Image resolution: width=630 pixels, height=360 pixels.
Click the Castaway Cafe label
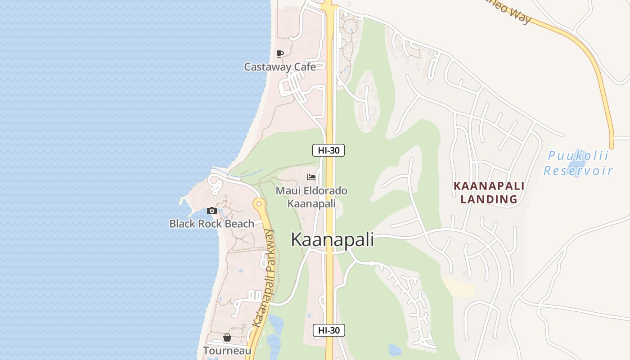click(x=279, y=67)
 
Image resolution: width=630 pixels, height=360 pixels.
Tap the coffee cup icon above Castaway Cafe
click(x=280, y=54)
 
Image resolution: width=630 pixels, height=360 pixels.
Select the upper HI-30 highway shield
click(x=328, y=150)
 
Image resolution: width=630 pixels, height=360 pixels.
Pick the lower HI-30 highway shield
click(x=328, y=330)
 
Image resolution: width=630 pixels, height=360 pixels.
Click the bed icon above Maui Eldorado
click(x=311, y=177)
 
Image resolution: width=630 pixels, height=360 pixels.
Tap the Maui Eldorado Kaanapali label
click(x=311, y=197)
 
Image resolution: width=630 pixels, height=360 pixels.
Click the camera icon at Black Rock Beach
click(x=211, y=211)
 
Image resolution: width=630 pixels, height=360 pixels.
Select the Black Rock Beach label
click(x=211, y=224)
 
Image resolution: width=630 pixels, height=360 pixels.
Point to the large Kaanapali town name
click(x=332, y=240)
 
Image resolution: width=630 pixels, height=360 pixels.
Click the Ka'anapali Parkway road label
click(x=263, y=279)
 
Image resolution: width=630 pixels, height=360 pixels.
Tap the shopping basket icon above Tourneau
click(x=227, y=337)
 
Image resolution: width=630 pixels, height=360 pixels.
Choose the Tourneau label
click(x=227, y=351)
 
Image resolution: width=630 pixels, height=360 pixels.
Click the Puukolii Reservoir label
click(x=578, y=163)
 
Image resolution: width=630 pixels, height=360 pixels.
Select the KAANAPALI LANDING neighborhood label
click(x=489, y=192)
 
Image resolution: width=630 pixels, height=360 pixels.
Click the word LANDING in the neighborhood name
click(x=489, y=199)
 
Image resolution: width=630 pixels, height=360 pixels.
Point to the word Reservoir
click(x=578, y=171)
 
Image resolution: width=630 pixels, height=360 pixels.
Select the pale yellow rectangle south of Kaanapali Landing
click(x=458, y=287)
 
